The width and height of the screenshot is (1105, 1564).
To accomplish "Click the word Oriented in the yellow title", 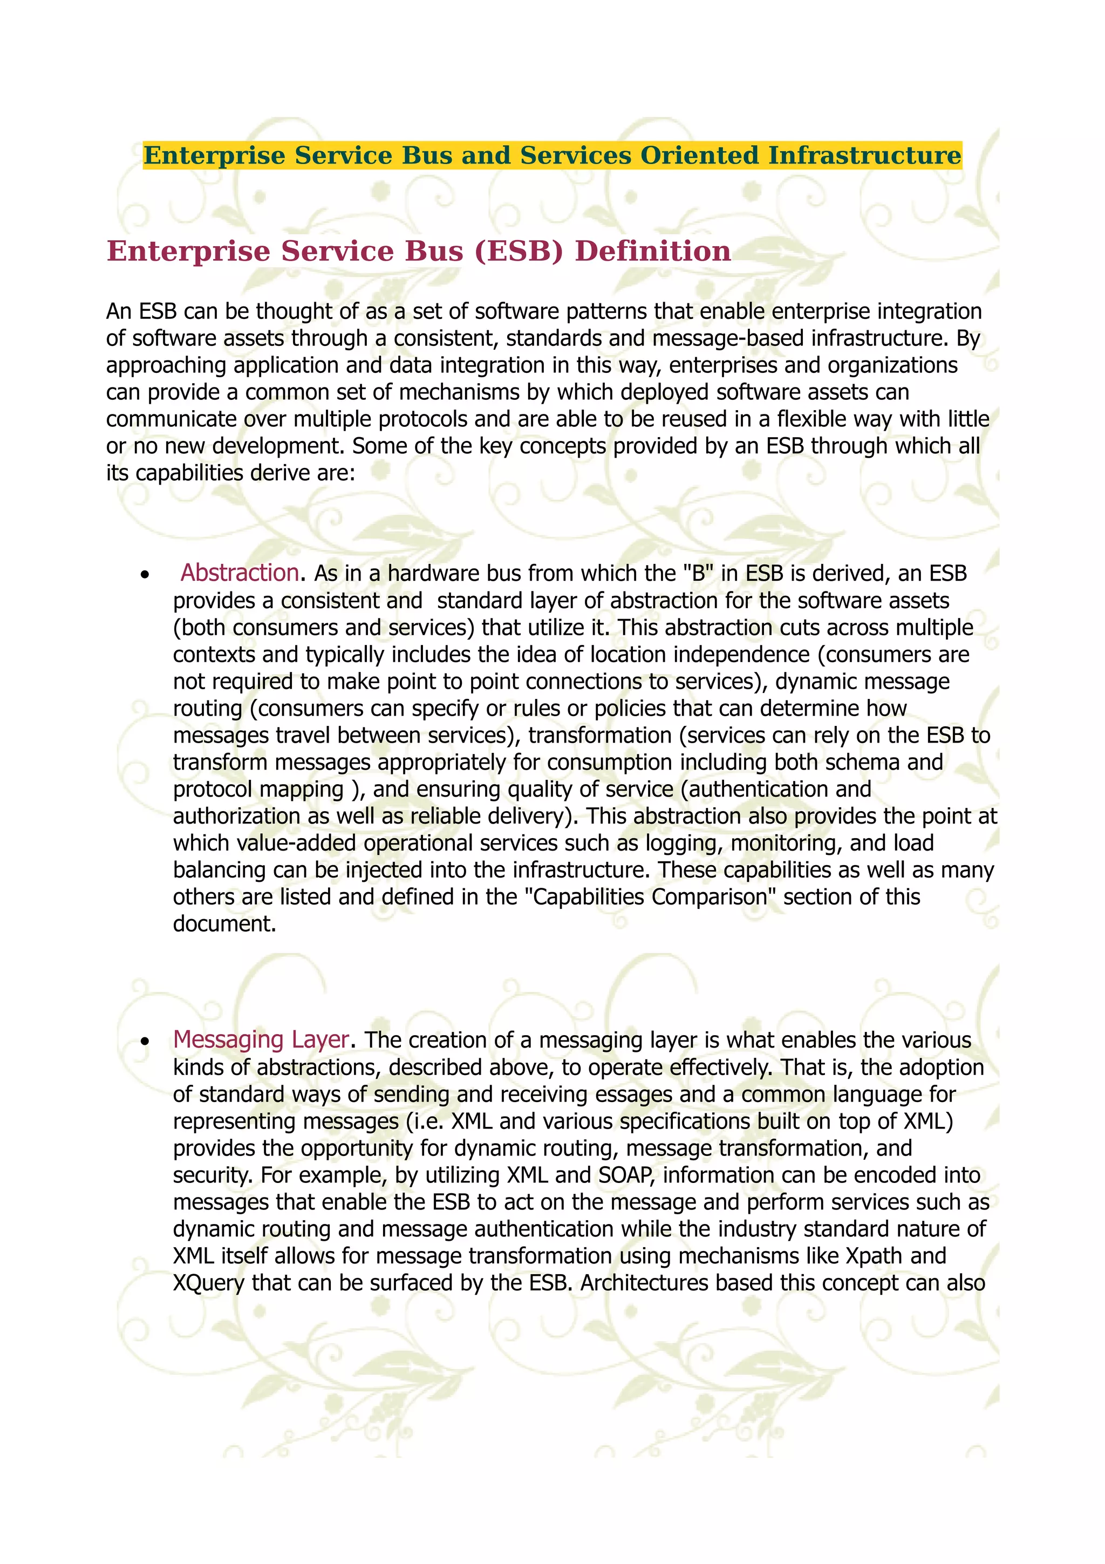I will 699,155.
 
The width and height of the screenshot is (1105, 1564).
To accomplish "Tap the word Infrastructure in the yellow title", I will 865,155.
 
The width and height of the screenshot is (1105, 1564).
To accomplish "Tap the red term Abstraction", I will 240,573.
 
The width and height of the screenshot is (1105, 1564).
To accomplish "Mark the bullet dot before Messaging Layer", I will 145,1042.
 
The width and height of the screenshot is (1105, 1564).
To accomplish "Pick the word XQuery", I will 208,1283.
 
